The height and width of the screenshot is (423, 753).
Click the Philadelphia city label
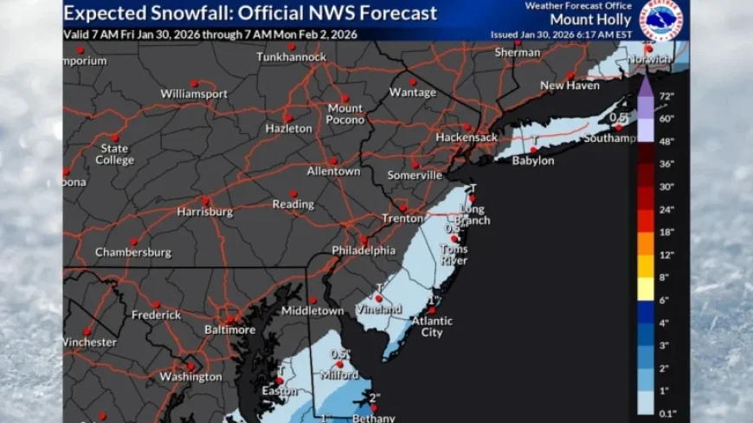[364, 251]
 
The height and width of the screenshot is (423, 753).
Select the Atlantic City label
[432, 327]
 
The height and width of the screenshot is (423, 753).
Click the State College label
[114, 154]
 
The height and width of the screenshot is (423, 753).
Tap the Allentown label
[333, 171]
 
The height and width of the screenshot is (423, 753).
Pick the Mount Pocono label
[344, 113]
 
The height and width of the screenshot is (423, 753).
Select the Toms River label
[453, 254]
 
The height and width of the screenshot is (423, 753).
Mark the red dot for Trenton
[402, 208]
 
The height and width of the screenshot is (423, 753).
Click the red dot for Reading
[293, 193]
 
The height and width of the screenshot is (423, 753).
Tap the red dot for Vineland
[378, 298]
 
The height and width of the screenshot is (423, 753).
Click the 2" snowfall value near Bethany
[374, 398]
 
